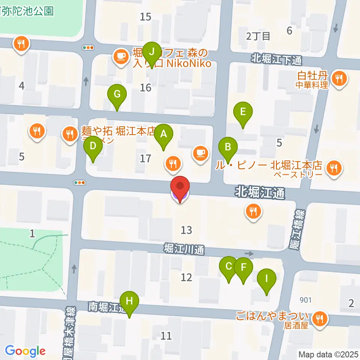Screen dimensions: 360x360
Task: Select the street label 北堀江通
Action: pos(260,193)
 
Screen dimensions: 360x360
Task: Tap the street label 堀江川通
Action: pos(184,249)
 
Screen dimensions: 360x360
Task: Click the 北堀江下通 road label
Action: pos(276,59)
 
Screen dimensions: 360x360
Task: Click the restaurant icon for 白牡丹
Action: pos(340,78)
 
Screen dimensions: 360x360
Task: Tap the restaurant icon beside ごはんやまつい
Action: pos(319,318)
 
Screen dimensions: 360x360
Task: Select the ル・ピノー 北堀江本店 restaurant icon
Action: pos(334,168)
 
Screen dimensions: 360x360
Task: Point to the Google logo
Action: pos(25,351)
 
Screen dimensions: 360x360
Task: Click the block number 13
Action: pos(186,230)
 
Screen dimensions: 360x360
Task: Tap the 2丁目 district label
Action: pos(258,36)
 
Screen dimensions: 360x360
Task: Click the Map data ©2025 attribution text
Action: pos(328,354)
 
